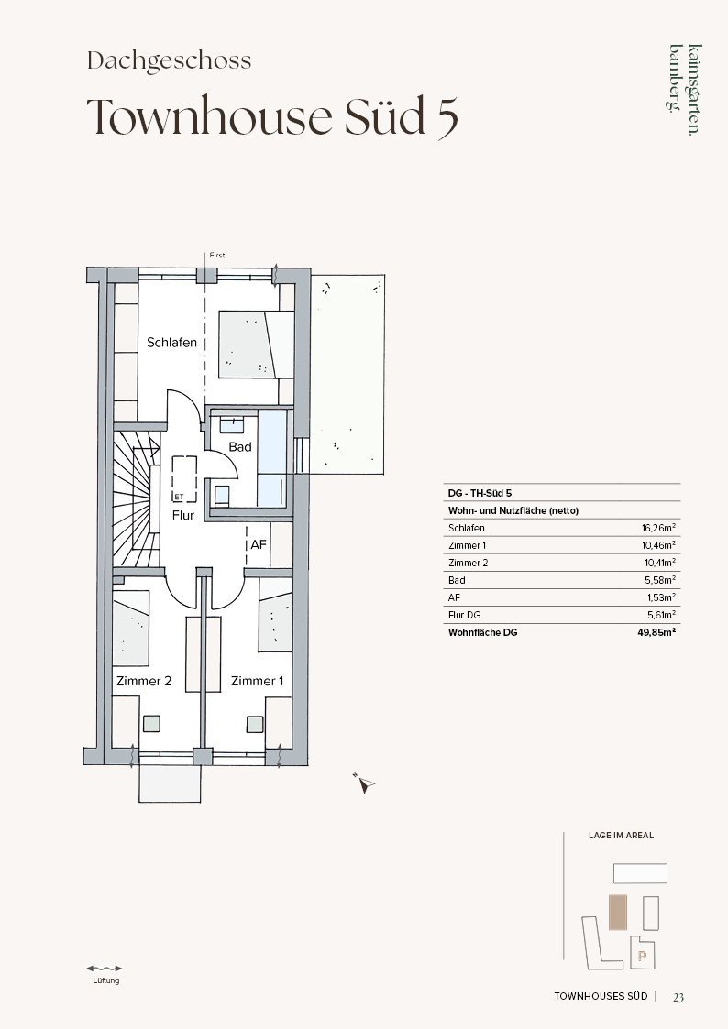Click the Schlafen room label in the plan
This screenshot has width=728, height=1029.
172,343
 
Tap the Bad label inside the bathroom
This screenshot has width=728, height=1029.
240,447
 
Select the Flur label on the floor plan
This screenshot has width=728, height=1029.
183,516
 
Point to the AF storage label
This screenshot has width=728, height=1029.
259,544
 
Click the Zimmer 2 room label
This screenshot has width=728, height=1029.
144,681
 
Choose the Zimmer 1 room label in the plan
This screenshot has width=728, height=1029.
258,681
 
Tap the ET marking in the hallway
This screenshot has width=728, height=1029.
179,498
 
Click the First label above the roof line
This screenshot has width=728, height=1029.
217,256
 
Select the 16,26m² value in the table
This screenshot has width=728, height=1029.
659,528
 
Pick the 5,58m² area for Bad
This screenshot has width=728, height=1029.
661,580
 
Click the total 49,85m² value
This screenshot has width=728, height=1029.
657,632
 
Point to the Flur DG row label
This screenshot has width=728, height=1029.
464,615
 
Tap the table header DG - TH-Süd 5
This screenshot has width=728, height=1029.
480,493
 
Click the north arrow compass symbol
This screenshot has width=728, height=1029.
364,783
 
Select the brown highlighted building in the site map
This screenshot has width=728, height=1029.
618,913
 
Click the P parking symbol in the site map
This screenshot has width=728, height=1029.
642,957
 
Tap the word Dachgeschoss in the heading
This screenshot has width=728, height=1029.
170,61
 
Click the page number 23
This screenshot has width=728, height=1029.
678,997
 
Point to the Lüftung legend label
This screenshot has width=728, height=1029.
105,980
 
